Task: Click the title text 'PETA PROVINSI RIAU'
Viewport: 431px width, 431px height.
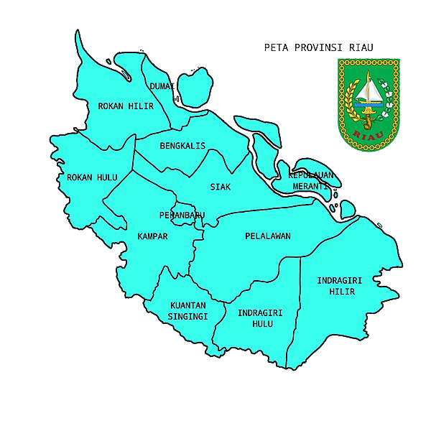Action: coord(319,48)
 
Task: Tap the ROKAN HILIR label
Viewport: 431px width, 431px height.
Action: coord(126,106)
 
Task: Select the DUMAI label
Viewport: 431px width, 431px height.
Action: coord(162,87)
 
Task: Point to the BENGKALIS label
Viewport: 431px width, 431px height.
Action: coord(182,146)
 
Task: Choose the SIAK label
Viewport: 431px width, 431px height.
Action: coord(221,187)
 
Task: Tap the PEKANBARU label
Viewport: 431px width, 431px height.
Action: coord(182,215)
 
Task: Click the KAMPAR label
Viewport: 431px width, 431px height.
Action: coord(152,236)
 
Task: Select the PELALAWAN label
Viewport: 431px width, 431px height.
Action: coord(267,236)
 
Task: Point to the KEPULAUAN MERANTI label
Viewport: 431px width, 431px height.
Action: coord(311,180)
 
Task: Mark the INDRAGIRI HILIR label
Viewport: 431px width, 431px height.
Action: coord(339,286)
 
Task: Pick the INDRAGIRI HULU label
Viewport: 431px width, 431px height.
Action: coord(259,318)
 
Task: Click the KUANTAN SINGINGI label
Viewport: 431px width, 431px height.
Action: coord(188,310)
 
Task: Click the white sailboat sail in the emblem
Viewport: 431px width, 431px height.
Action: coord(372,91)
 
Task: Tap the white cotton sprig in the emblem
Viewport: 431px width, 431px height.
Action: coord(389,101)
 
